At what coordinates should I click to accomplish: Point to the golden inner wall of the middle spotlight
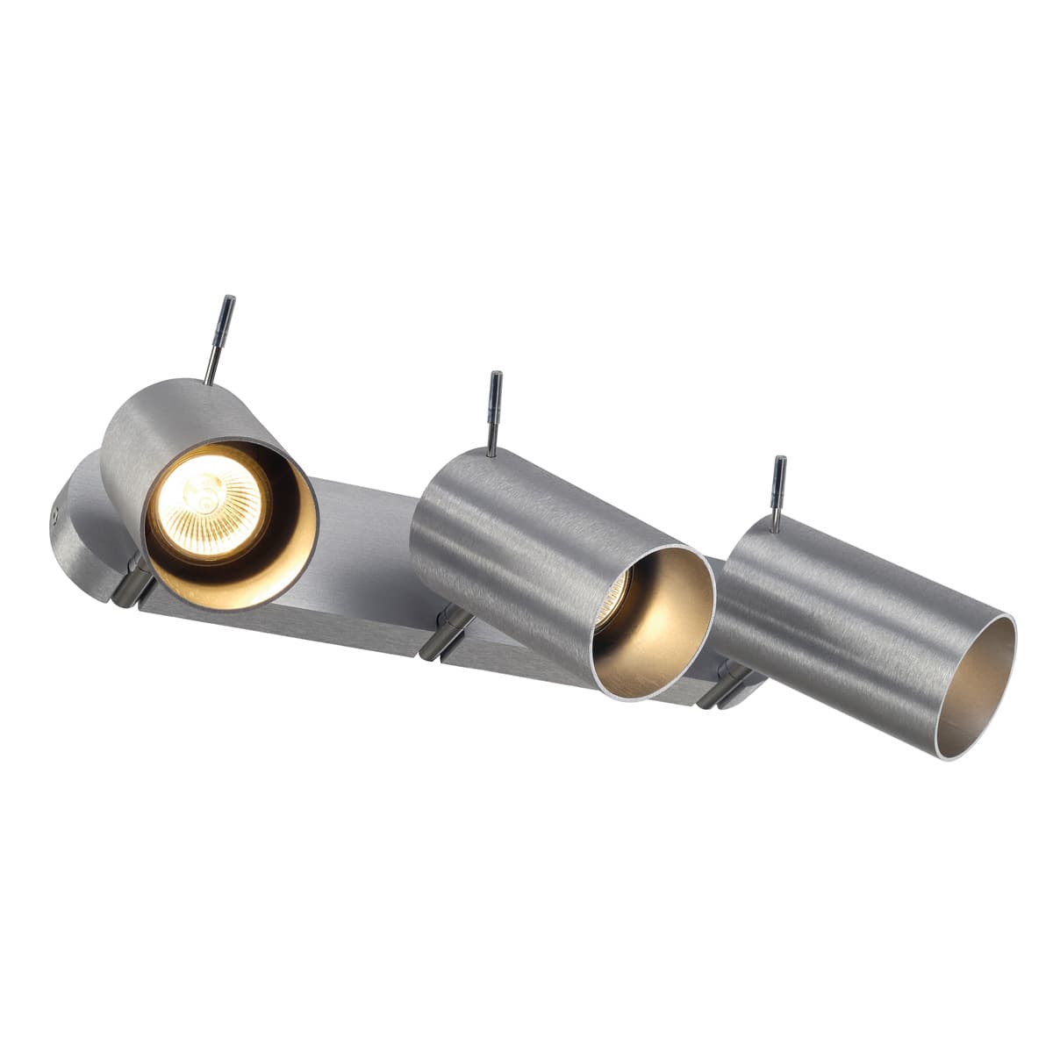pos(667,632)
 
